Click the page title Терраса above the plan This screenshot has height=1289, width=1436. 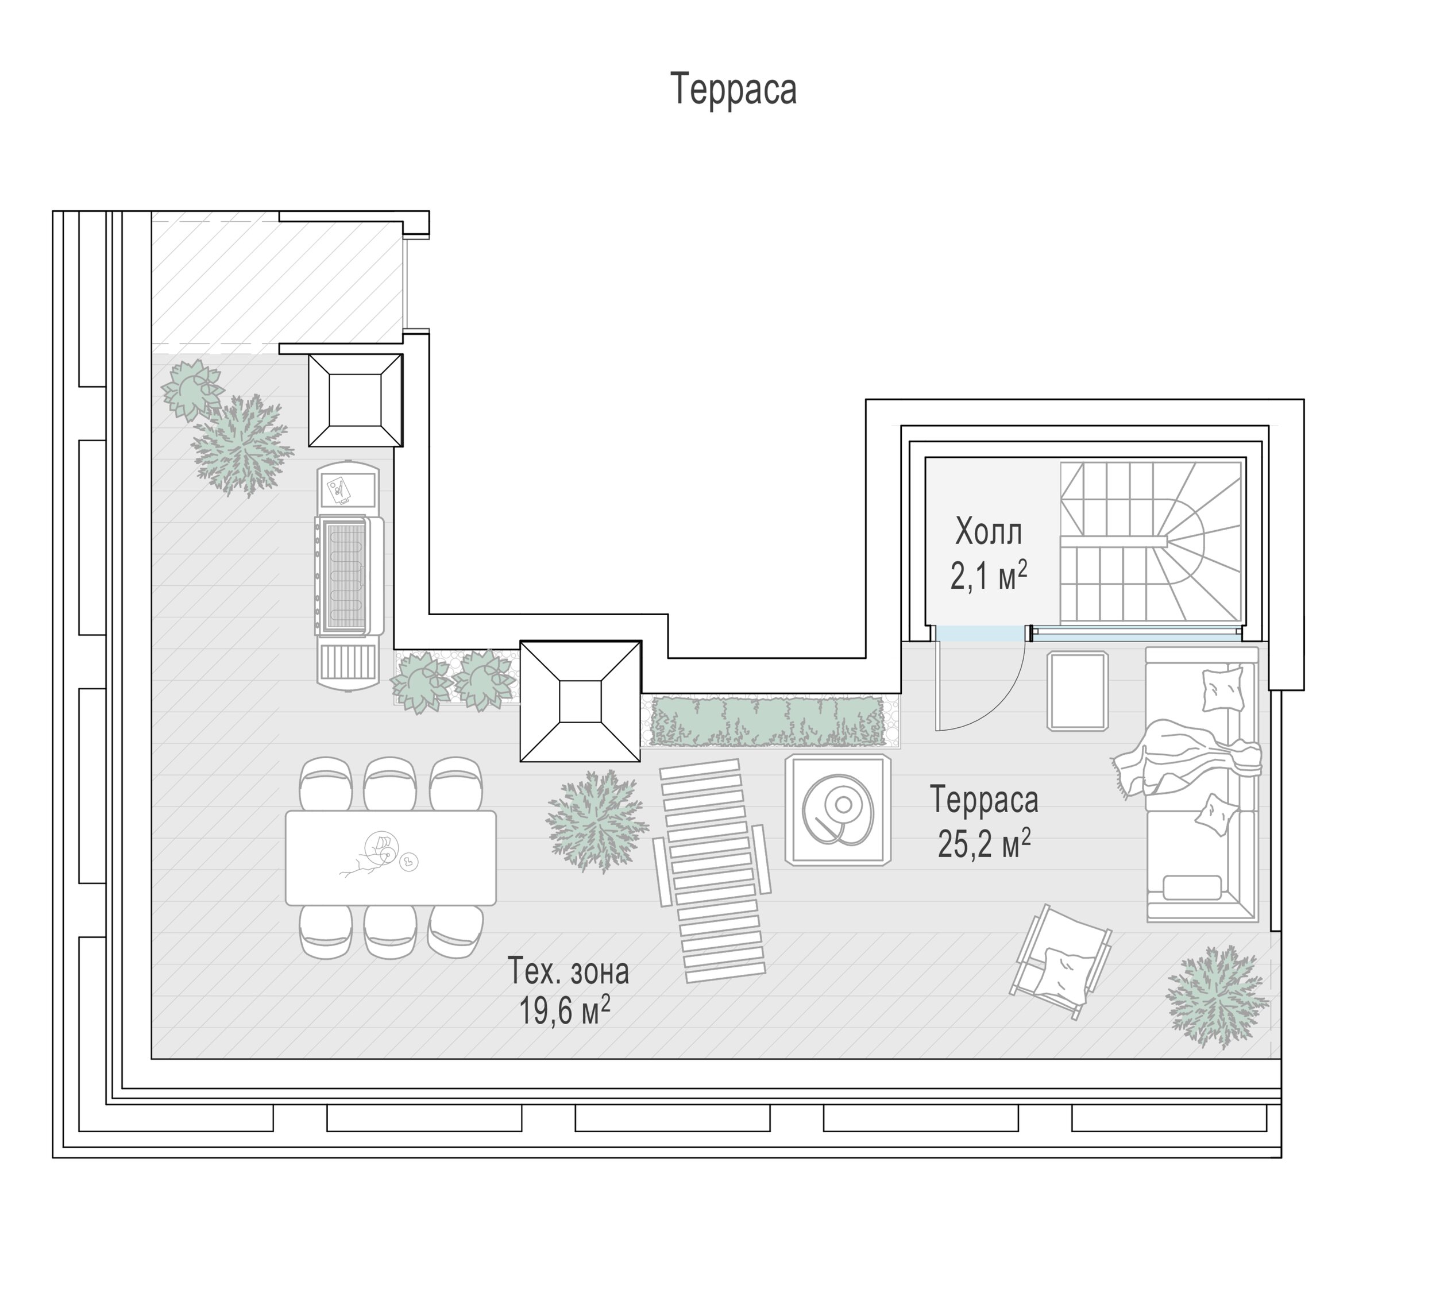(734, 89)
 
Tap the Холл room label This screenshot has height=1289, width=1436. (989, 532)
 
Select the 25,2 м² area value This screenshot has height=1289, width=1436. (985, 843)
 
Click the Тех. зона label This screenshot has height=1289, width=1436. (569, 971)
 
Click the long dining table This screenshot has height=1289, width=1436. (391, 858)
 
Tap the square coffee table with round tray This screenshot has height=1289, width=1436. (837, 809)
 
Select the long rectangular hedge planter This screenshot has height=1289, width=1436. (769, 721)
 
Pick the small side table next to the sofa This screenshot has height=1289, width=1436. (1078, 690)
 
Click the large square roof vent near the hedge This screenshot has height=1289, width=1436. (581, 701)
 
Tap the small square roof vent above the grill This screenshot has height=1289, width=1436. (356, 400)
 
